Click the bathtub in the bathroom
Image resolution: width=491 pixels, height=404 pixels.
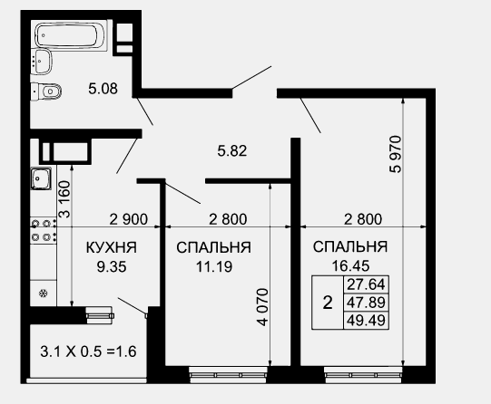[71, 36]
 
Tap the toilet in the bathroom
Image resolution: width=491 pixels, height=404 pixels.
[46, 91]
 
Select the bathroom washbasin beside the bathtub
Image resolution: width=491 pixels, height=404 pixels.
[43, 62]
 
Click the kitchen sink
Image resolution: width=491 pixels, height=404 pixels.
[41, 178]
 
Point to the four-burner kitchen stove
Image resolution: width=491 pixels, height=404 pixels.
[44, 231]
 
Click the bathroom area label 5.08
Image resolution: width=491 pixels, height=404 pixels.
[103, 89]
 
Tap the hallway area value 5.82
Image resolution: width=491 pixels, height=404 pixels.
[232, 151]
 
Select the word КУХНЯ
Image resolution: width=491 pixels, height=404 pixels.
[112, 247]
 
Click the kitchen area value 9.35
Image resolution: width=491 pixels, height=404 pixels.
[112, 267]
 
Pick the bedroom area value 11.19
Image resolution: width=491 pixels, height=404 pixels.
[214, 267]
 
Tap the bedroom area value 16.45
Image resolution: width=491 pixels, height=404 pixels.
[350, 266]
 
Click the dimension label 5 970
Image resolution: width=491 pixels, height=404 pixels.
[395, 154]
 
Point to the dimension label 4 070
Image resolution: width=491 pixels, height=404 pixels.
[262, 307]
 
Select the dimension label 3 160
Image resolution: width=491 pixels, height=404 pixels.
[65, 199]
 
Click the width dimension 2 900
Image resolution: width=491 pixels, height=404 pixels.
[128, 219]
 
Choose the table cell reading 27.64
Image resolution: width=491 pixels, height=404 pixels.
[366, 284]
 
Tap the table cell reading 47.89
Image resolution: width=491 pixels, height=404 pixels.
[366, 303]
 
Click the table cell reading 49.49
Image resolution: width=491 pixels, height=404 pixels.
[366, 321]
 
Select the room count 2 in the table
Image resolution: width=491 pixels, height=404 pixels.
[328, 303]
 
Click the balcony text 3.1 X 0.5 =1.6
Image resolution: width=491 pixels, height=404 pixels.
[88, 351]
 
